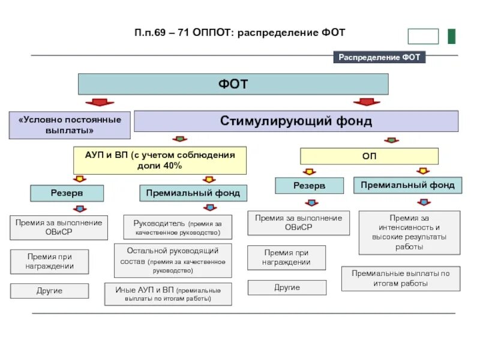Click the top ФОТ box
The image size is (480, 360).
pyautogui.click(x=233, y=84)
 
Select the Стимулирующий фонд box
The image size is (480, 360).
pyautogui.click(x=296, y=121)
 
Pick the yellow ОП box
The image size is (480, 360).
pyautogui.click(x=369, y=156)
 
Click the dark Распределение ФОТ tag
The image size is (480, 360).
pyautogui.click(x=379, y=58)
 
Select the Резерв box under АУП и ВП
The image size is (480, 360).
pyautogui.click(x=67, y=193)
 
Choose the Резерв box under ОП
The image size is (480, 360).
pyautogui.click(x=309, y=185)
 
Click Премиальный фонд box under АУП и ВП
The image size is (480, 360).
pyautogui.click(x=193, y=193)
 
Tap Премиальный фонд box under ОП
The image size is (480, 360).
pyautogui.click(x=407, y=185)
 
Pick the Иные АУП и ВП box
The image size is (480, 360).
pyautogui.click(x=168, y=294)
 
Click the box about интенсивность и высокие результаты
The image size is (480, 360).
pyautogui.click(x=409, y=233)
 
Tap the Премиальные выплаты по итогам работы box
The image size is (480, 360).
pyautogui.click(x=401, y=278)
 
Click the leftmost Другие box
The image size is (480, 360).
pyautogui.click(x=49, y=291)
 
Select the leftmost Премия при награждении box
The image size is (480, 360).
pyautogui.click(x=49, y=262)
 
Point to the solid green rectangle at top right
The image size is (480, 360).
pyautogui.click(x=451, y=36)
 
